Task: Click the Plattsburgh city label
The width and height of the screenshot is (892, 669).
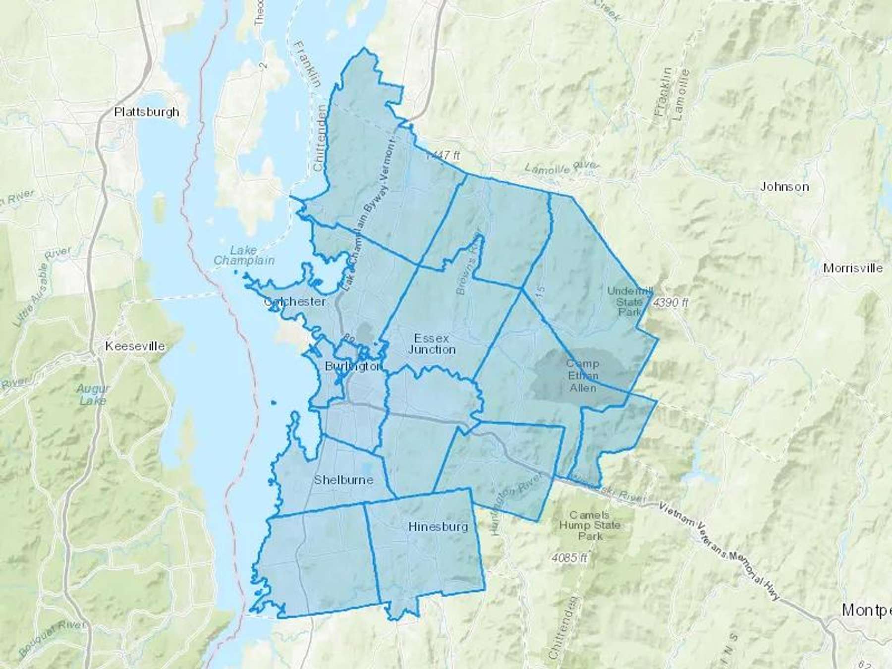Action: coord(147,112)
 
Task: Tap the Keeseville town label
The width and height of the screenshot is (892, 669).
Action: coord(135,346)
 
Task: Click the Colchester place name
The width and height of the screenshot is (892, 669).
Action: coord(295,302)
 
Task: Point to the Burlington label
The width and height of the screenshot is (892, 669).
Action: coord(353,367)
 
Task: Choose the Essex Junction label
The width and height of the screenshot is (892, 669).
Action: coord(432,344)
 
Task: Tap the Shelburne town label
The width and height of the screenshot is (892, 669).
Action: coord(343,480)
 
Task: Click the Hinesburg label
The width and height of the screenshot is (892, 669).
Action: coord(438,527)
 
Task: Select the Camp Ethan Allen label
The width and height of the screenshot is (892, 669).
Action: coord(582,376)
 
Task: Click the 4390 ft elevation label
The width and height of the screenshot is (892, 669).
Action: coord(671,302)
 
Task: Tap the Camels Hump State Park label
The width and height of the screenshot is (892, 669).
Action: coord(590,525)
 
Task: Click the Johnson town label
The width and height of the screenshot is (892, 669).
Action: coord(784,187)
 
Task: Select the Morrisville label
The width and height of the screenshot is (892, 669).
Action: coord(852,268)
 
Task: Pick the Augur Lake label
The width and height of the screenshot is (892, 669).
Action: coord(93,394)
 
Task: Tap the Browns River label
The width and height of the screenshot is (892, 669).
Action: coord(468,263)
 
